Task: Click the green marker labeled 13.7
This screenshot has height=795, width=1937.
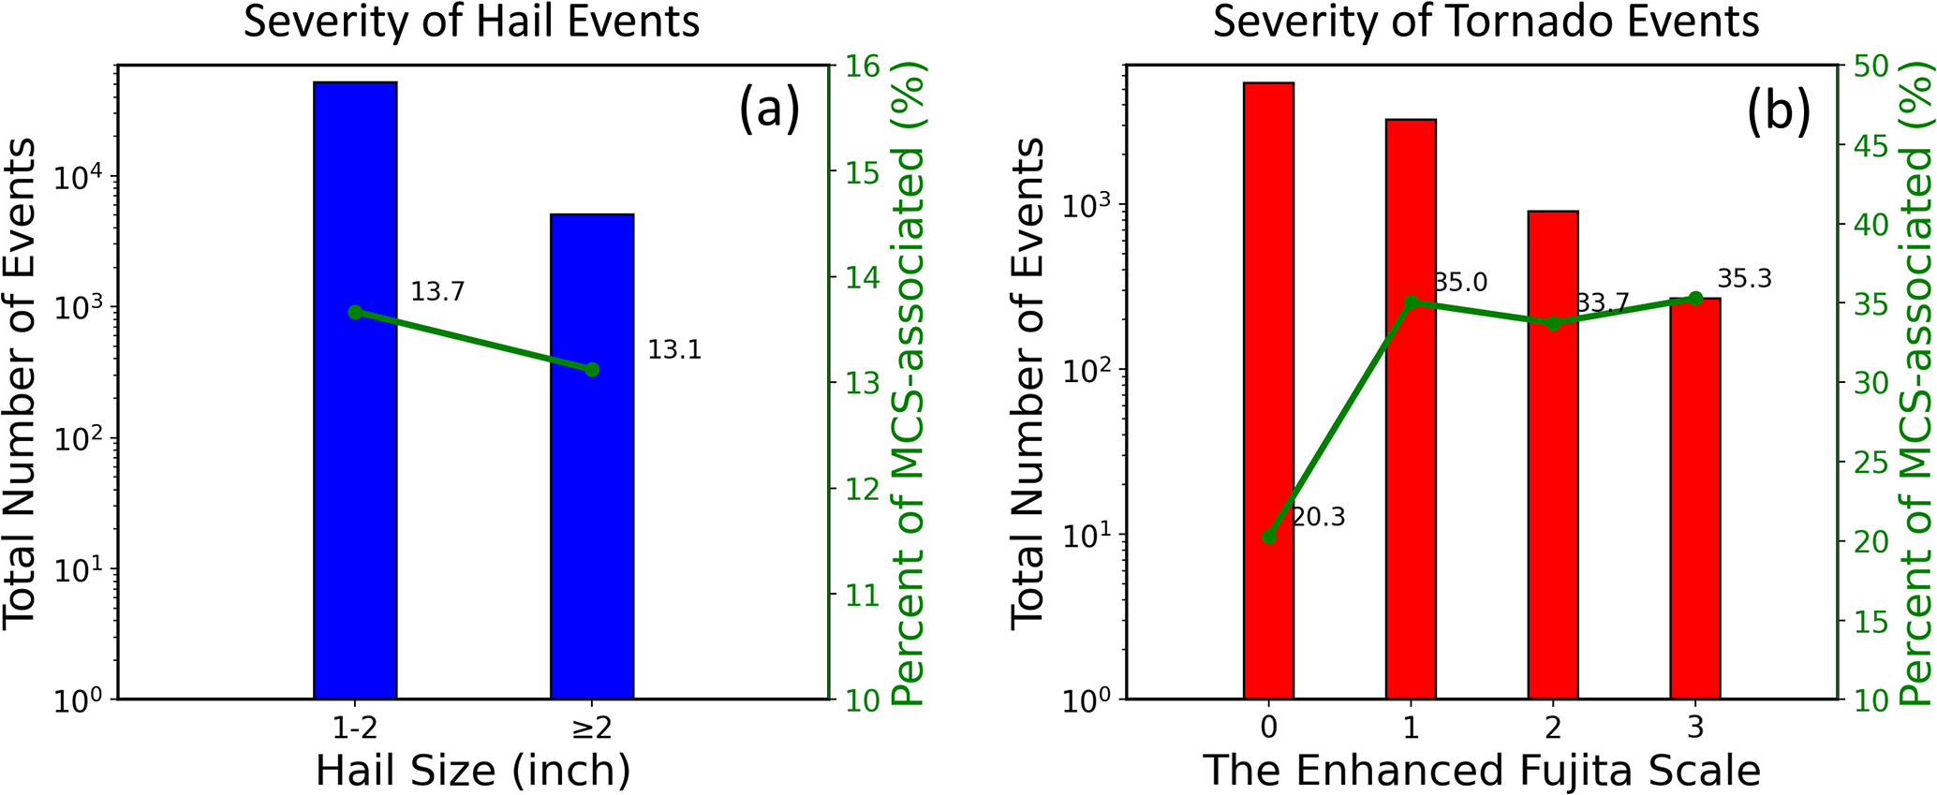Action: tap(355, 312)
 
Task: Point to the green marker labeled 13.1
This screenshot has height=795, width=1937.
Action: tap(592, 370)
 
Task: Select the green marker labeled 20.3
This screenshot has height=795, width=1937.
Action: tap(1269, 537)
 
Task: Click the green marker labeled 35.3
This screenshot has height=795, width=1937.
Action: tap(1694, 298)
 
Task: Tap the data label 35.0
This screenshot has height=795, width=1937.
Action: tap(1460, 282)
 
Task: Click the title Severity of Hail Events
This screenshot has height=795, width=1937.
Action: tap(471, 21)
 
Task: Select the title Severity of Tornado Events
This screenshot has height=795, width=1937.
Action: tap(1486, 21)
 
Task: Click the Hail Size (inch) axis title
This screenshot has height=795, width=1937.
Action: tap(473, 771)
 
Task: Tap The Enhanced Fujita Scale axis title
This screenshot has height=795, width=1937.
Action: tap(1482, 771)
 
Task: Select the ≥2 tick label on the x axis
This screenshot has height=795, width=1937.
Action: tap(592, 727)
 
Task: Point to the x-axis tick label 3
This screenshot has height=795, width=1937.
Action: tap(1694, 727)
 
